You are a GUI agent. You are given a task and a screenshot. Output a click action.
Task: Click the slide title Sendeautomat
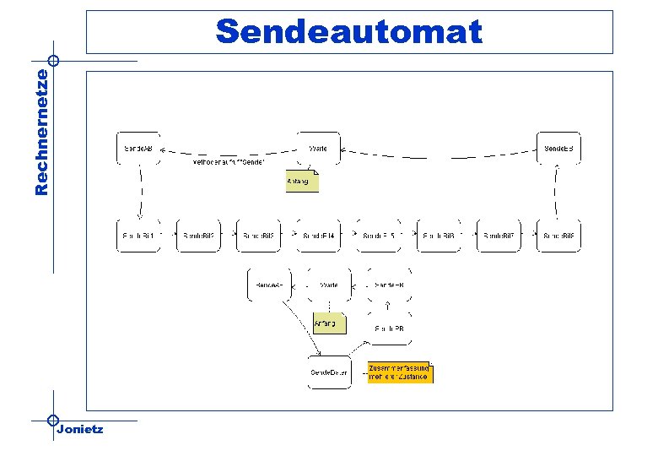pyautogui.click(x=349, y=32)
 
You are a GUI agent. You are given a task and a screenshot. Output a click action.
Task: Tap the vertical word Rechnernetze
pyautogui.click(x=41, y=133)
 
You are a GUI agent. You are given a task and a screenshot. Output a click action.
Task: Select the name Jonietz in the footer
pyautogui.click(x=80, y=430)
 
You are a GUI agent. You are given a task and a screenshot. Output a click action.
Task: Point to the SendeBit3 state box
pyautogui.click(x=259, y=236)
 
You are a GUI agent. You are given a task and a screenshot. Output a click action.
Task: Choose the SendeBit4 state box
pyautogui.click(x=319, y=236)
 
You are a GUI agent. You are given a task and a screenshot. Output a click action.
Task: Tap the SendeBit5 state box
pyautogui.click(x=379, y=236)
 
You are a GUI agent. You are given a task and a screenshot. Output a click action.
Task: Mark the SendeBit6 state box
pyautogui.click(x=439, y=236)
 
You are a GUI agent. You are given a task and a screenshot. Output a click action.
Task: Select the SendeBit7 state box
pyautogui.click(x=499, y=236)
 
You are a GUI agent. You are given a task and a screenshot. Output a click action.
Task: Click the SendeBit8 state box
pyautogui.click(x=558, y=236)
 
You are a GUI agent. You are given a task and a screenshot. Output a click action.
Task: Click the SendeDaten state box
pyautogui.click(x=329, y=372)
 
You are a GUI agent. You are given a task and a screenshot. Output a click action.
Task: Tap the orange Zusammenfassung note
pyautogui.click(x=400, y=372)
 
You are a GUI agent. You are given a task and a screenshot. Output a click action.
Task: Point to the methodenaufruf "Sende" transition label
pyautogui.click(x=229, y=161)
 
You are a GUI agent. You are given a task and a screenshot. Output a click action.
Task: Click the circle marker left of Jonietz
pyautogui.click(x=52, y=420)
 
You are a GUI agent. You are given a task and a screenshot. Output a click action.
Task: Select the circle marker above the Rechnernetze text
pyautogui.click(x=53, y=61)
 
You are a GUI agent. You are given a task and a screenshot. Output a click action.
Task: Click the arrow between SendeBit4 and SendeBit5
pyautogui.click(x=348, y=236)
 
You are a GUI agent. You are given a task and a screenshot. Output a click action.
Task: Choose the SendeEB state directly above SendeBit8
pyautogui.click(x=558, y=148)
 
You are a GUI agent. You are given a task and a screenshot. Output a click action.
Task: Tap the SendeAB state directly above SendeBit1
pyautogui.click(x=139, y=148)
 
